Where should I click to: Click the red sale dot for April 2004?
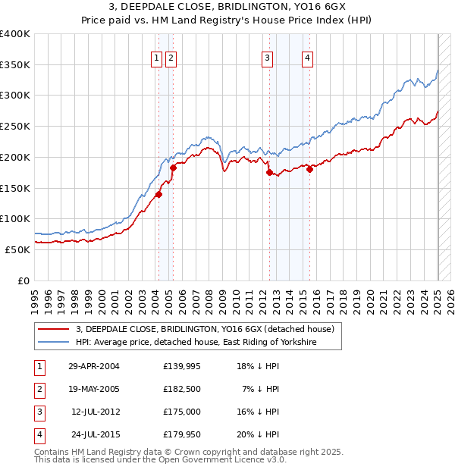pos(158,194)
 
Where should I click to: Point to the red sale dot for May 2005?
pos(173,168)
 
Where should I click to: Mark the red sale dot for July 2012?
pos(269,173)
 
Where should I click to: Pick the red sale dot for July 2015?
pos(309,170)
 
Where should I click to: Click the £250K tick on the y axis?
pos(15,126)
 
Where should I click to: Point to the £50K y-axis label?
pos(17,249)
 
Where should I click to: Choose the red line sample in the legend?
pos(55,329)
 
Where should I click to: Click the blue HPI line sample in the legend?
pos(55,343)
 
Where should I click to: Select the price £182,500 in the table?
pos(183,389)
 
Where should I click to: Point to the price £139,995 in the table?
pos(183,366)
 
